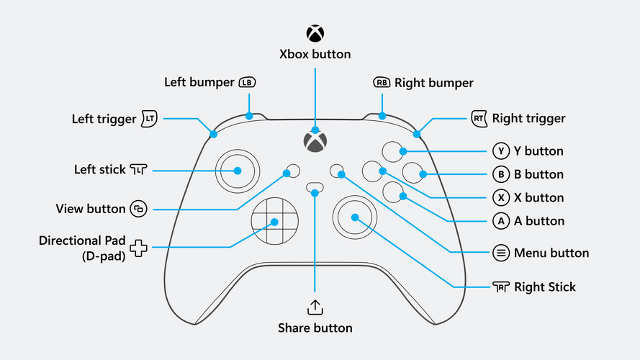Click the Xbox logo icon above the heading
click(x=315, y=33)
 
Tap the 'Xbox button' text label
click(x=315, y=54)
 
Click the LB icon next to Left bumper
click(x=247, y=83)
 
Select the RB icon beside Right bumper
click(x=382, y=83)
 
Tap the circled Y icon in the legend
click(x=501, y=151)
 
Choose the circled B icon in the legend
click(x=501, y=174)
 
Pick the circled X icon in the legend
click(x=501, y=197)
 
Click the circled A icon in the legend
click(x=501, y=221)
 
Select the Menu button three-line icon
click(x=501, y=253)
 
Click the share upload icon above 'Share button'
click(x=315, y=307)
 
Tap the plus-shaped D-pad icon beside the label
click(x=138, y=248)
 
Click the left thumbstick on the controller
click(x=237, y=171)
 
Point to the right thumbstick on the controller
click(x=354, y=217)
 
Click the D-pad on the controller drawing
click(x=274, y=221)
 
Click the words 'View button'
click(x=90, y=209)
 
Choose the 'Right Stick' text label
click(x=545, y=287)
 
